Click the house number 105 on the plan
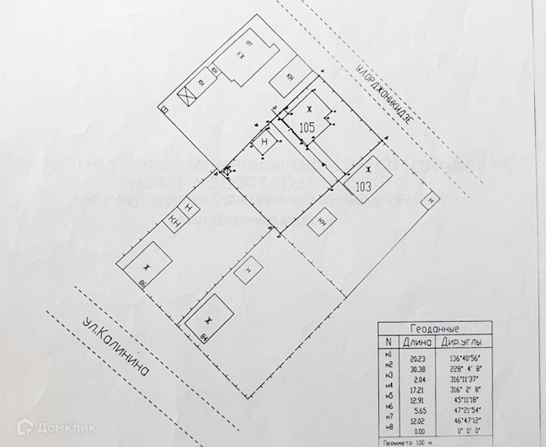[307, 127]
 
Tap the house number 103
[362, 186]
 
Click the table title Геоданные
[435, 329]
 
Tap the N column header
[387, 342]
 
